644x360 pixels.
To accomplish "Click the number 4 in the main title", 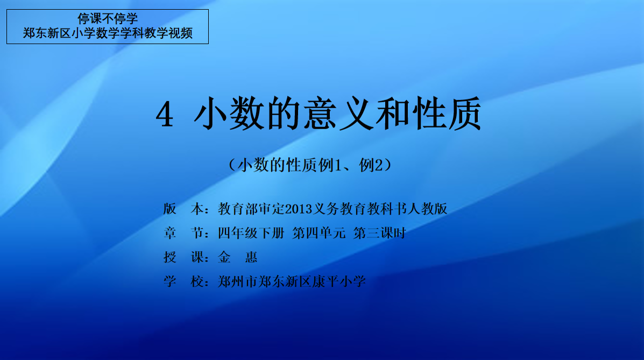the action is click(165, 115).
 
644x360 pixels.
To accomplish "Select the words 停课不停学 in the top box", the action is click(108, 18).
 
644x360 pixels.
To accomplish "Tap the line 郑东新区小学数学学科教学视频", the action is click(108, 33).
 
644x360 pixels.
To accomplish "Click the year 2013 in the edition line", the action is click(299, 209).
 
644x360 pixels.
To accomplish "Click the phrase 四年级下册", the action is click(251, 234).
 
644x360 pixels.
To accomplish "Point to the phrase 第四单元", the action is click(319, 234).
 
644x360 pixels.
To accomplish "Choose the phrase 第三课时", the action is click(379, 234).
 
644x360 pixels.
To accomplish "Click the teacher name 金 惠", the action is click(237, 257).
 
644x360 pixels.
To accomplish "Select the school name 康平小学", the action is click(339, 281).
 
